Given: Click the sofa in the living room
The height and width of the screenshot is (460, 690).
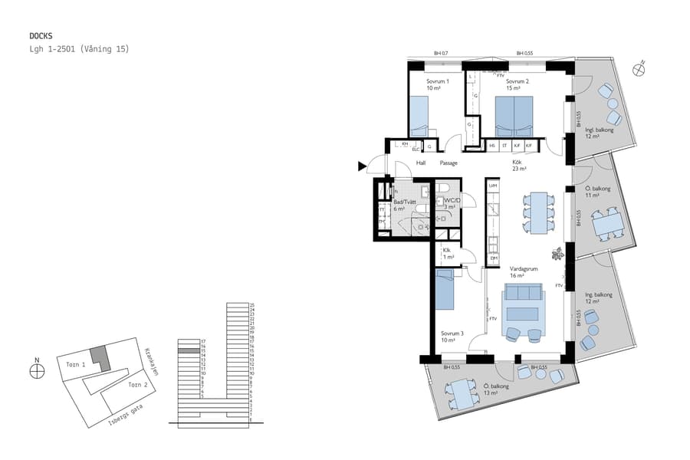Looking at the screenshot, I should (x=523, y=295).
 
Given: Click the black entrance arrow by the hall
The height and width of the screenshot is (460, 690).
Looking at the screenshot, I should (x=363, y=166).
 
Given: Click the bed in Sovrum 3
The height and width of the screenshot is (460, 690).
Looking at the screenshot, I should (x=445, y=289).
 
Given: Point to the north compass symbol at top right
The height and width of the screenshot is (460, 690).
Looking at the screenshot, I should (x=638, y=70).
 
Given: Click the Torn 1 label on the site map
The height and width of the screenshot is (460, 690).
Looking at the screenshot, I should (x=74, y=365).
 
